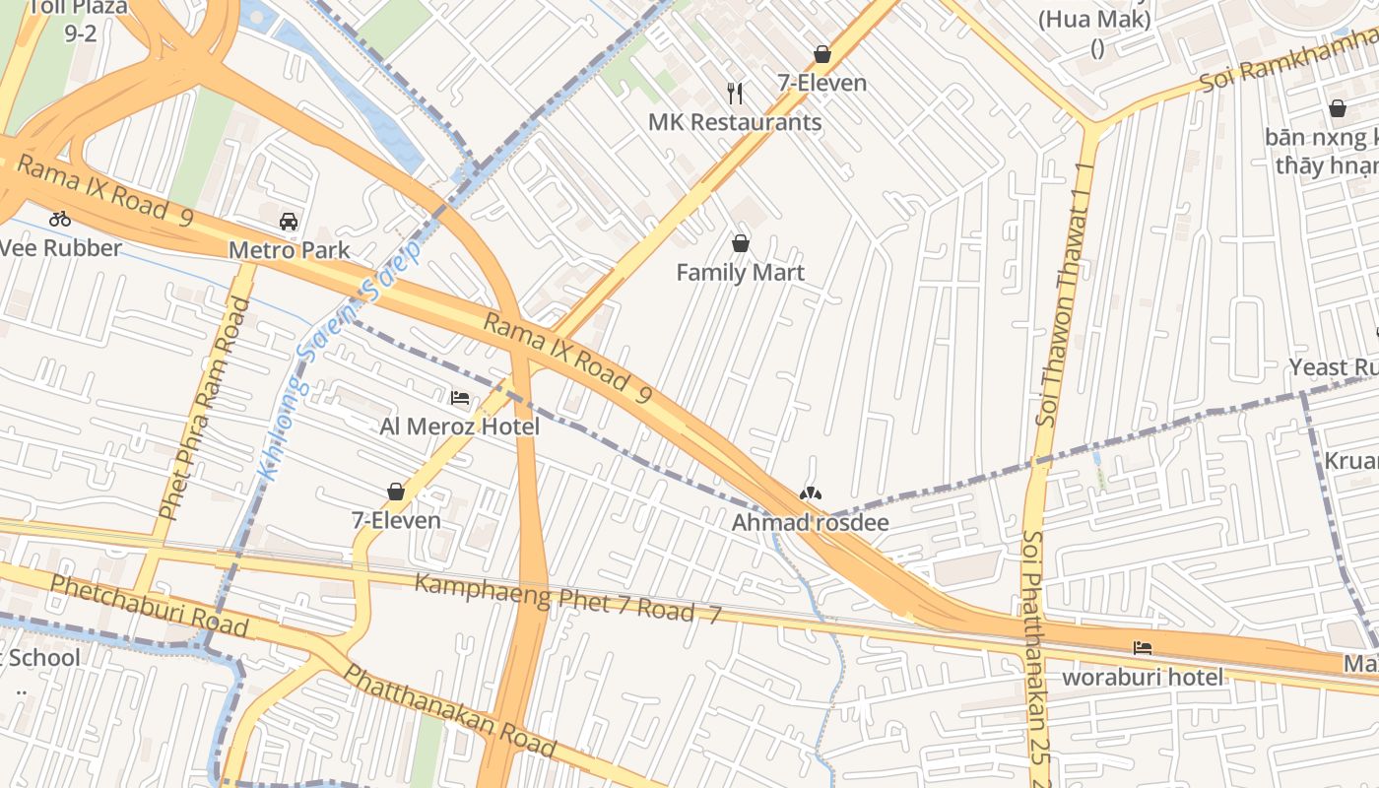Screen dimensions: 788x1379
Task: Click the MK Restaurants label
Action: pos(735,122)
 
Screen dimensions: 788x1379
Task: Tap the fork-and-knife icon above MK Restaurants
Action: pos(735,94)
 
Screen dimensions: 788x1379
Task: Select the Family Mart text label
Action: pos(740,273)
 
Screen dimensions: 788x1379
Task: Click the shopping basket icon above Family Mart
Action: pos(741,243)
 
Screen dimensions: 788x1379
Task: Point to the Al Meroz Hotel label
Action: pos(460,427)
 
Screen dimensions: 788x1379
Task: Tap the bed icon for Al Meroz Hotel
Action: pos(460,398)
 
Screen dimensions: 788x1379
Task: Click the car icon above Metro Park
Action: pos(289,221)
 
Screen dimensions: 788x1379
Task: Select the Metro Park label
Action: pos(289,250)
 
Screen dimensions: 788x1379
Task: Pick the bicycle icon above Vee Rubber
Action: pos(60,219)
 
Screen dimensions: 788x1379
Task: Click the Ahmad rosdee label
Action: pos(810,523)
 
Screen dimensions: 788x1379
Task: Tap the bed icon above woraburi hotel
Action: pos(1143,648)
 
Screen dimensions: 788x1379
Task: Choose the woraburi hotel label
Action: pos(1143,678)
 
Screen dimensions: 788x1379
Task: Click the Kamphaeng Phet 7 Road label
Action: pos(567,598)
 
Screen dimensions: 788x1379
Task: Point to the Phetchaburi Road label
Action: pos(149,606)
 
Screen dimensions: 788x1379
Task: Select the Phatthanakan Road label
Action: pos(449,710)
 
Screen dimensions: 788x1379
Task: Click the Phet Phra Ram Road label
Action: pos(205,409)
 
